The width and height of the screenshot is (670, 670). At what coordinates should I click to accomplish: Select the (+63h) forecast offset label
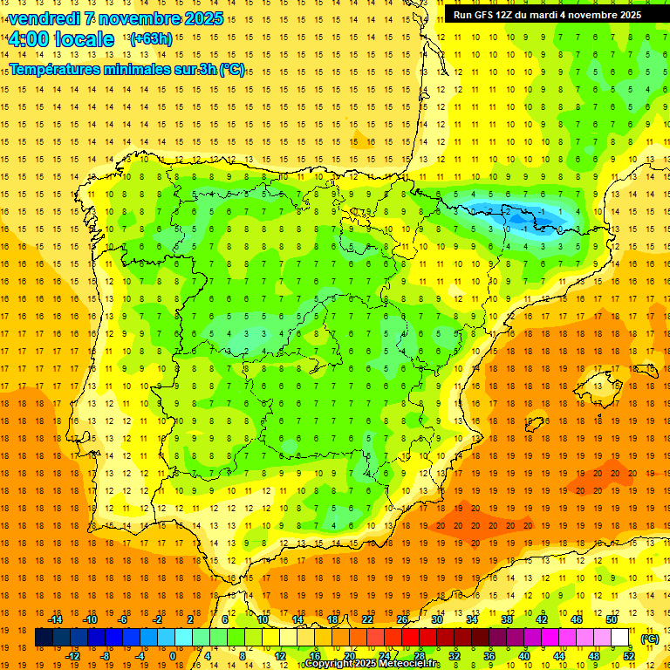[151, 38]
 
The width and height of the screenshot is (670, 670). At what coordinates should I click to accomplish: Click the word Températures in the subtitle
[54, 70]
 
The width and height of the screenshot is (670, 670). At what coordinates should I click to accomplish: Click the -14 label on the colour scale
[55, 619]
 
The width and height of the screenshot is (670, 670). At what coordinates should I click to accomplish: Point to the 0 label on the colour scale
[172, 656]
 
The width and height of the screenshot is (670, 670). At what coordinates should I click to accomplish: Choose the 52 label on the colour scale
[629, 656]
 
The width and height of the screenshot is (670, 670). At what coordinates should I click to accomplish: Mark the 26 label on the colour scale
[402, 619]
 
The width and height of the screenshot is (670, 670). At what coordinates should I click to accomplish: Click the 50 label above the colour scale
[612, 619]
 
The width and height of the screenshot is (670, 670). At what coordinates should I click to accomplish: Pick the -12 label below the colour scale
[72, 656]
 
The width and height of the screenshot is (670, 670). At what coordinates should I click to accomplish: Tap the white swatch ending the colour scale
[620, 638]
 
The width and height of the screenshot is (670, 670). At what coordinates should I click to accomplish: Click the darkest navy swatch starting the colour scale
[44, 638]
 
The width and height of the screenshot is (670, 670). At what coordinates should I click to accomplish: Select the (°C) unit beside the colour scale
[649, 639]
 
